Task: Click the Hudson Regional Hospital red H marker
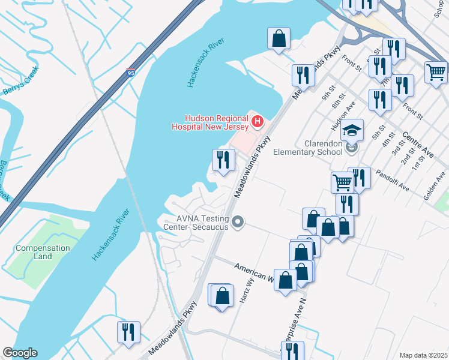coord(257,122)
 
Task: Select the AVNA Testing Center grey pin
coord(238,223)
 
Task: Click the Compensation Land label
coord(43,252)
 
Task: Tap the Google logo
coord(20,353)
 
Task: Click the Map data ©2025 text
coord(423,355)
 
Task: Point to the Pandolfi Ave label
coord(393,179)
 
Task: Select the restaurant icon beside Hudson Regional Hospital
coord(223,160)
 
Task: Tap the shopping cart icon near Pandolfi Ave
coord(342,181)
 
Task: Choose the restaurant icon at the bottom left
coord(128,332)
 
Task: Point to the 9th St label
coord(327,95)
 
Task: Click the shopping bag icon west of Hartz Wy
coord(222,296)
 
